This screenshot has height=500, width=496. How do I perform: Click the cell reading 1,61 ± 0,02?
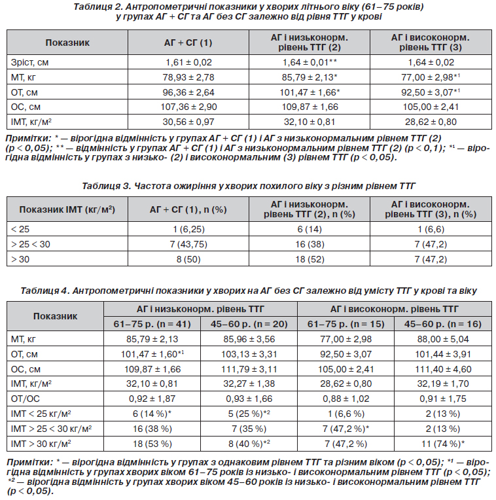(188, 62)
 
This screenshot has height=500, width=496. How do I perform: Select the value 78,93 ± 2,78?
(188, 77)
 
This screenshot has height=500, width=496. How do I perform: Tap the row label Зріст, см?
(29, 62)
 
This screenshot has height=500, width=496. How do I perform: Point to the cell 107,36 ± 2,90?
(188, 107)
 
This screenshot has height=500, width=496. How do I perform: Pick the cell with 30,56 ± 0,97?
(188, 122)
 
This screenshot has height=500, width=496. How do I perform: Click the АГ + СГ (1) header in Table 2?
(188, 43)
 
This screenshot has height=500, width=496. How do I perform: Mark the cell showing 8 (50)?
(188, 259)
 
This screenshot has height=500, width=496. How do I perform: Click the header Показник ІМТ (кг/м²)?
(67, 209)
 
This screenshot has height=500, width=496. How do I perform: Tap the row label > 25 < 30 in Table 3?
(30, 244)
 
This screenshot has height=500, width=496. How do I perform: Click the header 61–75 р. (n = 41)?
(152, 325)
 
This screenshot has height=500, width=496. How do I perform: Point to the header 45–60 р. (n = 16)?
(443, 325)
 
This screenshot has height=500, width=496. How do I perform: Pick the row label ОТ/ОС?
(25, 399)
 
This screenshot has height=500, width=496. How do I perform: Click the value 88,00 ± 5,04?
(443, 339)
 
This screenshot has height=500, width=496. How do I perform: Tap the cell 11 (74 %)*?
(443, 444)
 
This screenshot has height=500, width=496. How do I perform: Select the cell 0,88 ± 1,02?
(346, 399)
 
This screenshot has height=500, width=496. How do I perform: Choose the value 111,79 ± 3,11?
(249, 369)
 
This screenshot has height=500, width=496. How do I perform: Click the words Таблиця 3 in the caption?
(106, 186)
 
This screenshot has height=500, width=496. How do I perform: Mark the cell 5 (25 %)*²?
(249, 414)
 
